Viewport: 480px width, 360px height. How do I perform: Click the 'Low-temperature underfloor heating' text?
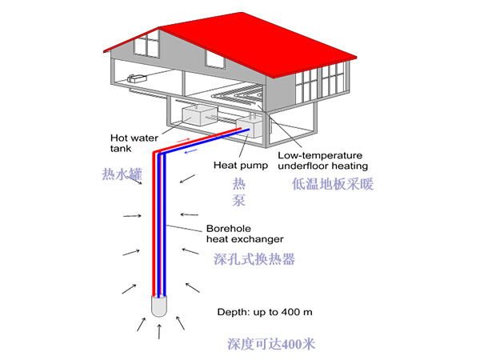click(x=322, y=160)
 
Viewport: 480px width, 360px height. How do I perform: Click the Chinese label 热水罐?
click(x=122, y=174)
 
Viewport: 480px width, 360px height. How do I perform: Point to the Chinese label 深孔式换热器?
click(x=255, y=259)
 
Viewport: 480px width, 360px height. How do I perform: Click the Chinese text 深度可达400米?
click(x=272, y=344)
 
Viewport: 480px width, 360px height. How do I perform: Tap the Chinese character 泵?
click(x=239, y=201)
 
